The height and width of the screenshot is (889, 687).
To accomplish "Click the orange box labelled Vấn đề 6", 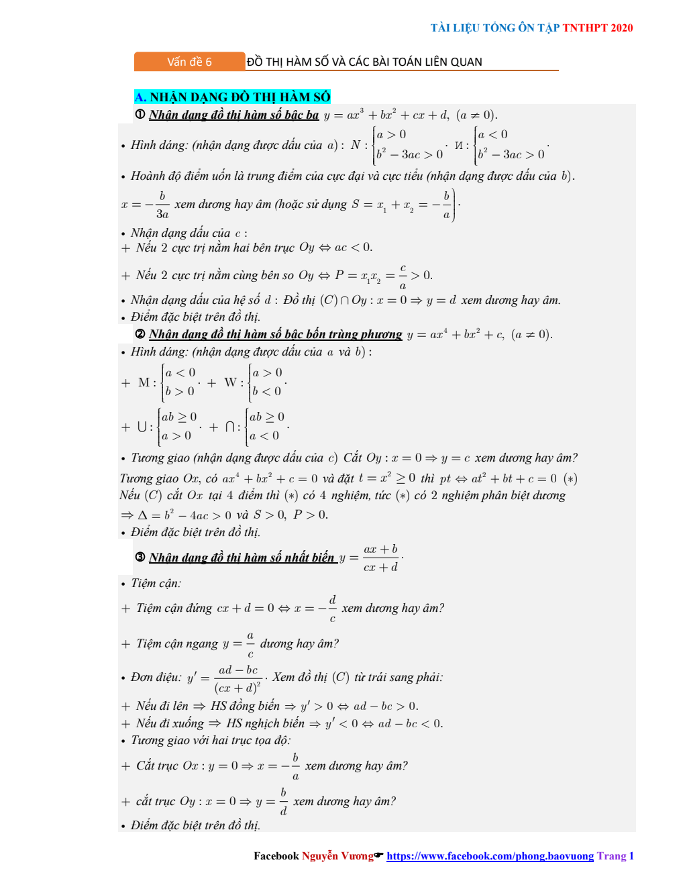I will click(x=189, y=62).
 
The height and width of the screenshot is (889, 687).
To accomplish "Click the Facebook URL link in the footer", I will click(x=490, y=856).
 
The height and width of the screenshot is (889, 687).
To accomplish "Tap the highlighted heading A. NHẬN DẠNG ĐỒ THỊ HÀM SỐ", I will click(x=232, y=97).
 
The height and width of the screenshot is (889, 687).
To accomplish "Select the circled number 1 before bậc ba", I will click(x=140, y=115).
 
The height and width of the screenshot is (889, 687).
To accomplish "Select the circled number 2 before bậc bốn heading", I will click(x=140, y=334).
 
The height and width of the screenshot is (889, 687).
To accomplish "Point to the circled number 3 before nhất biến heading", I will click(x=140, y=558).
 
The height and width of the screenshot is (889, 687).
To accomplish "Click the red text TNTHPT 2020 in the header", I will click(x=597, y=28).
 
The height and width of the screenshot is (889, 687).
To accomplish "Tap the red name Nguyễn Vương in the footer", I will click(x=337, y=856).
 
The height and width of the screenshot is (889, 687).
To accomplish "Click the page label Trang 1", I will click(x=615, y=856).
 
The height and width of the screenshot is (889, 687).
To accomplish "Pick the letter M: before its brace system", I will click(x=146, y=382).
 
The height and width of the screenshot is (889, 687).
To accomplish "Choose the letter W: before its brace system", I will click(x=233, y=382).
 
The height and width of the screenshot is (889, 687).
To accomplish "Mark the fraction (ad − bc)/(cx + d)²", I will click(x=237, y=678).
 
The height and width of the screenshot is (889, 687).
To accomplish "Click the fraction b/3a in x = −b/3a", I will click(x=162, y=205).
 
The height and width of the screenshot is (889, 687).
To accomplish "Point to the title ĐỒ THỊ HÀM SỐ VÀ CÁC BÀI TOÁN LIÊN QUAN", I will click(x=364, y=62).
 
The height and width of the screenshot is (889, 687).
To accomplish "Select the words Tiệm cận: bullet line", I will click(x=156, y=583).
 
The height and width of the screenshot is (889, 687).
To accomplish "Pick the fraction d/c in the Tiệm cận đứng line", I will click(x=332, y=609).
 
